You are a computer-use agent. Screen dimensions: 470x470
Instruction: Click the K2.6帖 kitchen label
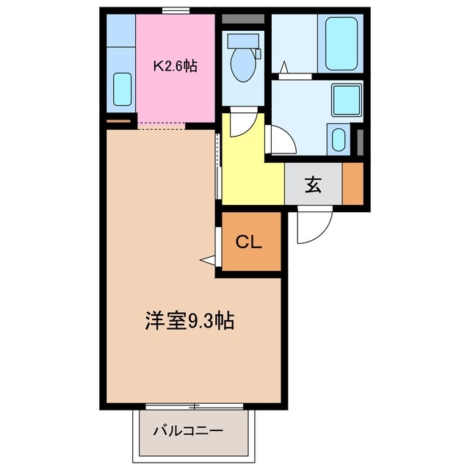coord(175,65)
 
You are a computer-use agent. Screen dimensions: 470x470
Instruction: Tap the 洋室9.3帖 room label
coord(189,321)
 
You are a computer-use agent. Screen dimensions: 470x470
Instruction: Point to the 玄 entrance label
coord(314,185)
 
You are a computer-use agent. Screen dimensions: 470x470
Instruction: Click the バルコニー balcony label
coord(187,431)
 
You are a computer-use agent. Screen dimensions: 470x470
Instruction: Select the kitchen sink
coord(123,89)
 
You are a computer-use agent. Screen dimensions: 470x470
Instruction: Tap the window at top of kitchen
coord(174,11)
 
